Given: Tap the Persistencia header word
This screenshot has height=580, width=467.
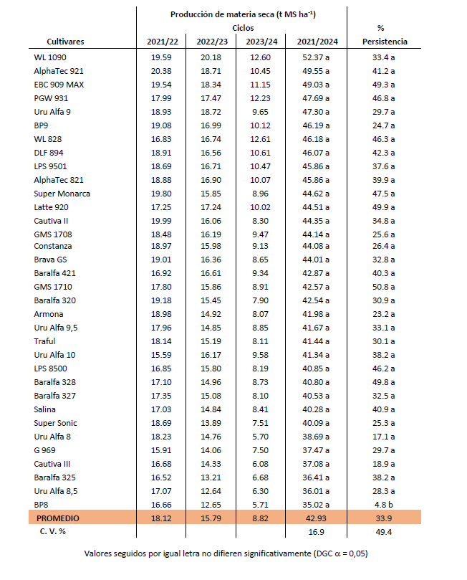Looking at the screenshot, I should point(385,42).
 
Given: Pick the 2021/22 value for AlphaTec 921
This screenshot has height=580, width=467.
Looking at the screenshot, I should point(161,71).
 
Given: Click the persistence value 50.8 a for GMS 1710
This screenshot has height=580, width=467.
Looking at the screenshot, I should point(385,287).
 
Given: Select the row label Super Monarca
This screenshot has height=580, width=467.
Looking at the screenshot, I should point(62,193).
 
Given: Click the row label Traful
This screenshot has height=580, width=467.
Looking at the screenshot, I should point(44,341).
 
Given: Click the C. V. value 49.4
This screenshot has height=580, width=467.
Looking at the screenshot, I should point(385,532).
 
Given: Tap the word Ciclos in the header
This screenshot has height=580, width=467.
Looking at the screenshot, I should point(243,27).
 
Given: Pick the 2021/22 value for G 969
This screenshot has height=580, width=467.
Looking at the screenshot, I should point(161,450).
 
